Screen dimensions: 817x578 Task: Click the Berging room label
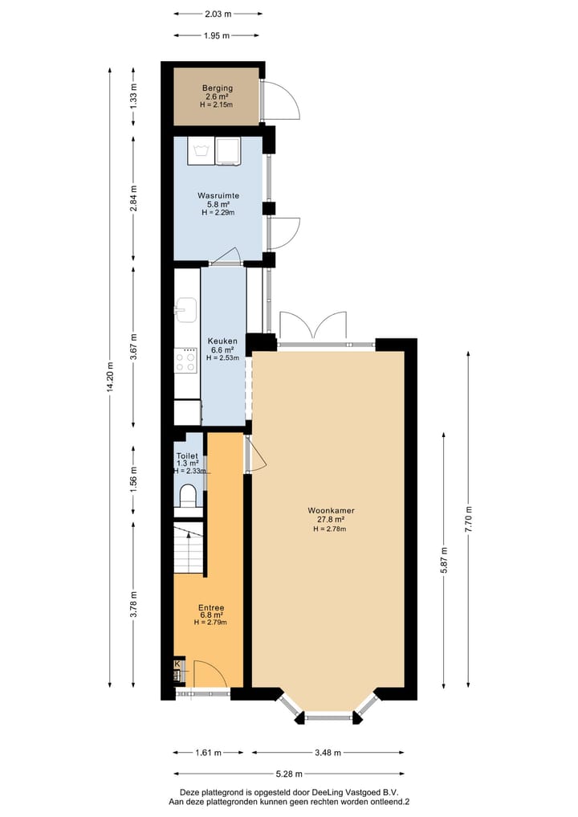coord(217,88)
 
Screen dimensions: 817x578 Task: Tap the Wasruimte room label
coord(217,195)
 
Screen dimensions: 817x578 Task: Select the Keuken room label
coord(222,340)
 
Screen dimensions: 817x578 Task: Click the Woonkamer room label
coord(331,510)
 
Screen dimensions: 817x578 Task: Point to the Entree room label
coord(211,607)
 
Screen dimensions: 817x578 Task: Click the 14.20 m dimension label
coord(111,378)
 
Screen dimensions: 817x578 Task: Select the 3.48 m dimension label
coord(328,753)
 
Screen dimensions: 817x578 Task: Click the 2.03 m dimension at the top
coord(218,14)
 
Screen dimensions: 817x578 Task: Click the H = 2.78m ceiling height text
coord(331,529)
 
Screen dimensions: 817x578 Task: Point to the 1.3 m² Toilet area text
coord(187,464)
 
